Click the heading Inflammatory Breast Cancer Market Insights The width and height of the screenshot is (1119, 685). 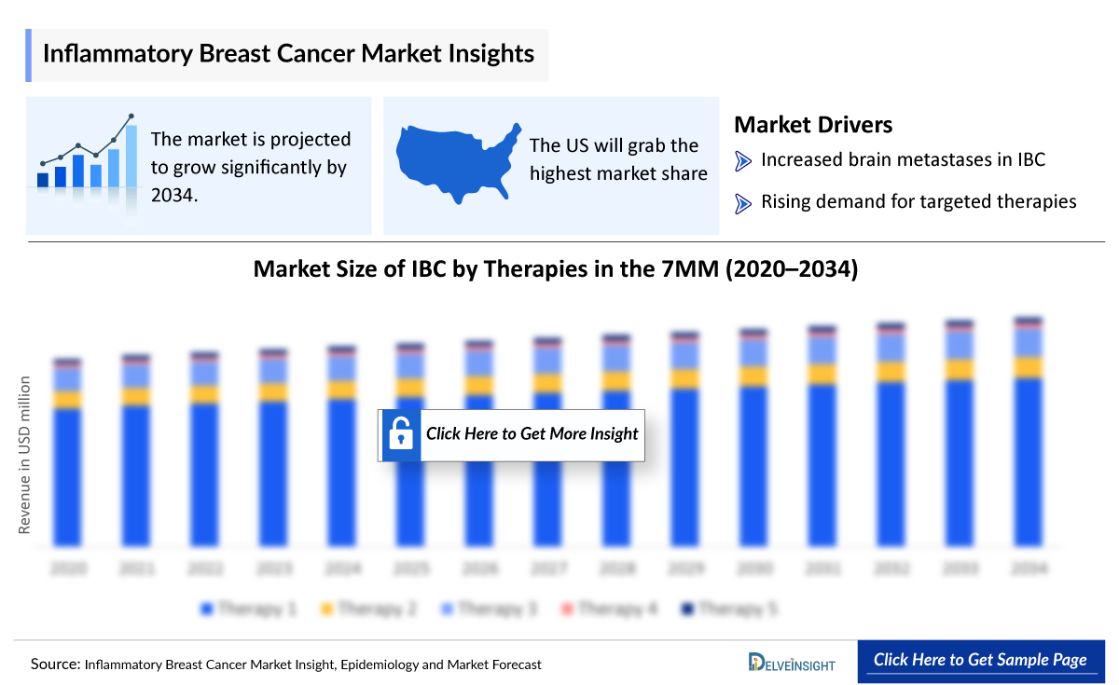pos(288,54)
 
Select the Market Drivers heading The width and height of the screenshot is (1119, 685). pos(813,125)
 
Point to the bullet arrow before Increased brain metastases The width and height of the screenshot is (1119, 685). pos(743,161)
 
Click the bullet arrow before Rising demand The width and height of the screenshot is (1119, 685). pos(743,203)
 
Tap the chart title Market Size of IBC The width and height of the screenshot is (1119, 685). pos(556,269)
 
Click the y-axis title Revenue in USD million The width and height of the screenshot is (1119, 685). pos(25,455)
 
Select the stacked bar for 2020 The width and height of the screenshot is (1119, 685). pos(68,452)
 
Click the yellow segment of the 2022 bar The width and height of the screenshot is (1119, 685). pos(205,394)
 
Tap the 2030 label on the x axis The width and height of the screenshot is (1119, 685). pos(753,568)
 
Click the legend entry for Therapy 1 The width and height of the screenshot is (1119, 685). pos(248,610)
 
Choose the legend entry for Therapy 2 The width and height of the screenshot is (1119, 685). pos(367,610)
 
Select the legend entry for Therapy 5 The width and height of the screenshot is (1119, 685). pos(728,610)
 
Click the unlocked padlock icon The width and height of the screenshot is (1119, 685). pos(401,434)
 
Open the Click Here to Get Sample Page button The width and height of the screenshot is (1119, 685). pos(979,660)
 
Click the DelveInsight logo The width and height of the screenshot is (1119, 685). pos(792,663)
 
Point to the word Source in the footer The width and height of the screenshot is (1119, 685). pos(55,664)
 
